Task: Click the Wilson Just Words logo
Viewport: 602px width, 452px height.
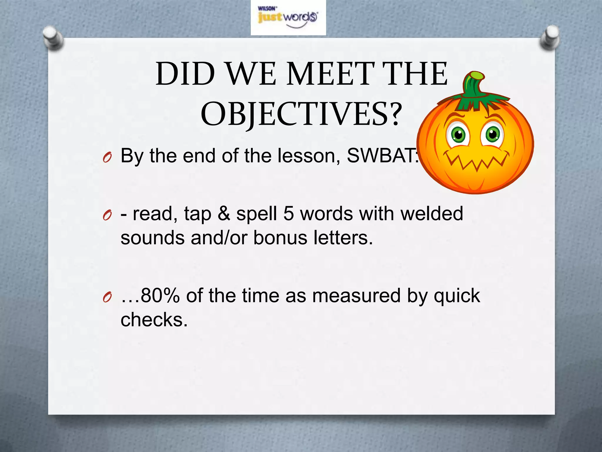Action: (288, 18)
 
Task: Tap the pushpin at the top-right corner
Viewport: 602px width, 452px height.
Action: (550, 38)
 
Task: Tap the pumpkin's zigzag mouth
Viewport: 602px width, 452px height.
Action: (478, 162)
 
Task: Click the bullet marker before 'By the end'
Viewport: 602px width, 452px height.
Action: (107, 158)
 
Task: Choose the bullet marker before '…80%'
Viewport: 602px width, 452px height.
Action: (107, 298)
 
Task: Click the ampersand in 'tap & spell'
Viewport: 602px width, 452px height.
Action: (224, 214)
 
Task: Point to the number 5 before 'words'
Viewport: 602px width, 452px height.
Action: (288, 214)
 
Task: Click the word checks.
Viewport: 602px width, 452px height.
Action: (154, 320)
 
